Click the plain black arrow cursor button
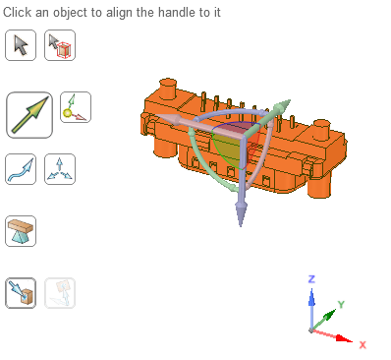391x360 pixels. tap(21, 45)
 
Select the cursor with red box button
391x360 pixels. tap(60, 45)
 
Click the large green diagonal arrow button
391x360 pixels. tap(29, 115)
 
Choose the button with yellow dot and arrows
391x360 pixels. tap(76, 107)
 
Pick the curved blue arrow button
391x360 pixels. tap(21, 169)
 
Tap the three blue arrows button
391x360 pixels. tap(60, 169)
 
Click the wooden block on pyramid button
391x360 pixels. tap(21, 231)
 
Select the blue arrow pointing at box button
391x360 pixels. tap(21, 293)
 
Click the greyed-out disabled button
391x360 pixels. tap(60, 293)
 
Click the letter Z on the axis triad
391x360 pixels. tap(311, 279)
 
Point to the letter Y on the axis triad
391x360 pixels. tap(341, 305)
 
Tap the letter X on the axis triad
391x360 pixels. tap(363, 345)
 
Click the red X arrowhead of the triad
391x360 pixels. tap(345, 338)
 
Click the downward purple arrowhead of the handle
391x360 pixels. tap(241, 213)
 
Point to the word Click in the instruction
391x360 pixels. tap(18, 13)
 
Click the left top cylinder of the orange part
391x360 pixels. tap(168, 88)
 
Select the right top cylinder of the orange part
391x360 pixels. tap(321, 129)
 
